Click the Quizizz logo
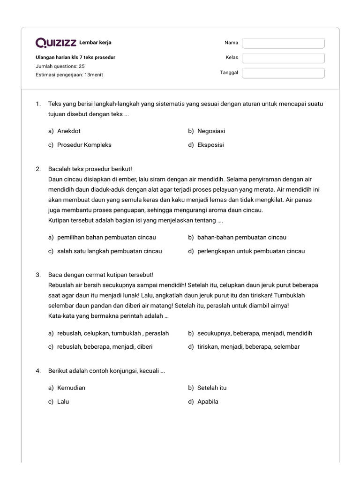[x=56, y=43]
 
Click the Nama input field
[x=283, y=43]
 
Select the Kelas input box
[x=283, y=58]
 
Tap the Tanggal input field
[x=283, y=73]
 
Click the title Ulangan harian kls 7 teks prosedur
[x=75, y=58]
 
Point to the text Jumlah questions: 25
[x=60, y=66]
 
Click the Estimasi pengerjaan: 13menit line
[x=69, y=75]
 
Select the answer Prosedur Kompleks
[x=84, y=145]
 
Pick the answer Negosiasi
[x=211, y=131]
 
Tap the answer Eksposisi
[x=210, y=145]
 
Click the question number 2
[x=38, y=169]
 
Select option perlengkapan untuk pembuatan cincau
[x=251, y=251]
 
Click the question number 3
[x=38, y=275]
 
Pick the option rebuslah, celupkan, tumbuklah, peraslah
[x=112, y=333]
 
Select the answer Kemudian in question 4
[x=71, y=388]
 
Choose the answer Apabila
[x=208, y=402]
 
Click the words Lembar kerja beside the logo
[x=96, y=43]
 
